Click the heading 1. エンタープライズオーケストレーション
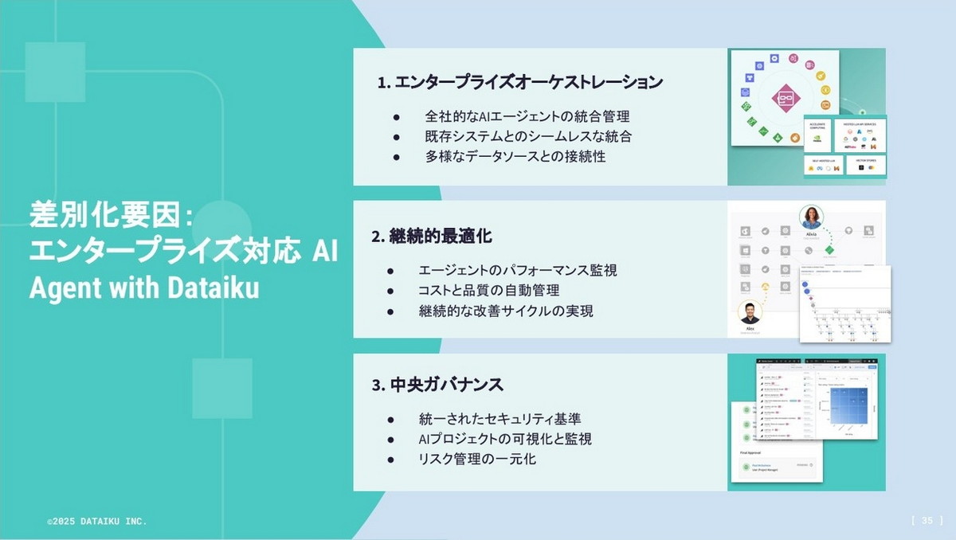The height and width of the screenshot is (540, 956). point(520,82)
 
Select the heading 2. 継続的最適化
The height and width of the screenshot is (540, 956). point(431,237)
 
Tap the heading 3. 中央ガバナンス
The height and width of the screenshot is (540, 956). point(437,385)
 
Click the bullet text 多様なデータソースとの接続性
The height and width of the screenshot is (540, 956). point(515,156)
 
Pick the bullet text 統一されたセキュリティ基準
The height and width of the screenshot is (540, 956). point(505,419)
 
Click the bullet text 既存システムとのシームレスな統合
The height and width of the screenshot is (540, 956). point(528,136)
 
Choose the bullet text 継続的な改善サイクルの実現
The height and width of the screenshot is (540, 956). point(506,311)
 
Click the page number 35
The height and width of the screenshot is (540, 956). point(927,520)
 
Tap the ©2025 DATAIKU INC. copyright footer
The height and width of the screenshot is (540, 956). point(96,521)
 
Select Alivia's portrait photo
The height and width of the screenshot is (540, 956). point(812,217)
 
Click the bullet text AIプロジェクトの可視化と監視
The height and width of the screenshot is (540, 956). point(505,439)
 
